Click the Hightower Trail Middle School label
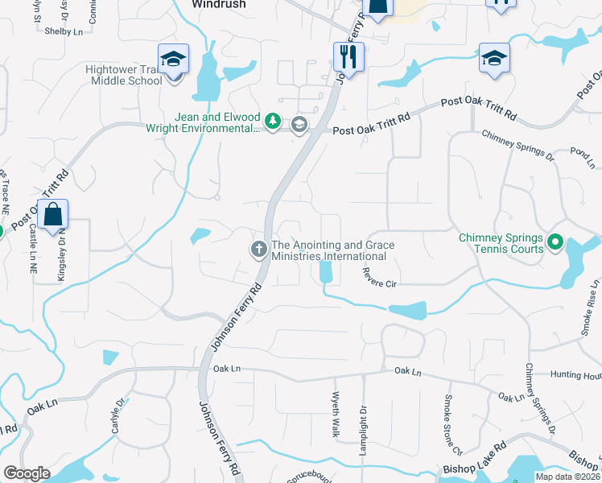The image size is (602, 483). pyautogui.click(x=124, y=75)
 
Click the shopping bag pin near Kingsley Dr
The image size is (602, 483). pyautogui.click(x=52, y=215)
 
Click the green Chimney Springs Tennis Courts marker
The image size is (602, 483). pyautogui.click(x=555, y=242)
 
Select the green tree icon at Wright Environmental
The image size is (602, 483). pyautogui.click(x=273, y=122)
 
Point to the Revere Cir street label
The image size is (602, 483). pyautogui.click(x=381, y=284)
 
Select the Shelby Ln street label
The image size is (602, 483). pyautogui.click(x=64, y=31)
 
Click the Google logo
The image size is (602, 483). pyautogui.click(x=27, y=473)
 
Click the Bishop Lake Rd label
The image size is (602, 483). pyautogui.click(x=474, y=456)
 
